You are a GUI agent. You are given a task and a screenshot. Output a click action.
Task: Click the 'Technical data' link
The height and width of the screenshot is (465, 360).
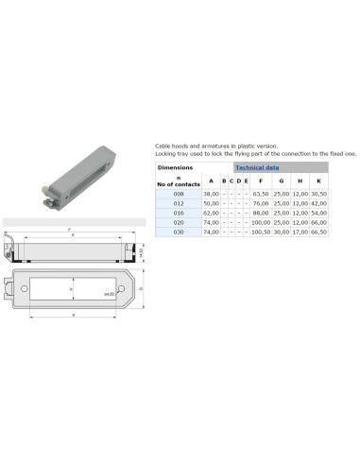pos(257,166)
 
